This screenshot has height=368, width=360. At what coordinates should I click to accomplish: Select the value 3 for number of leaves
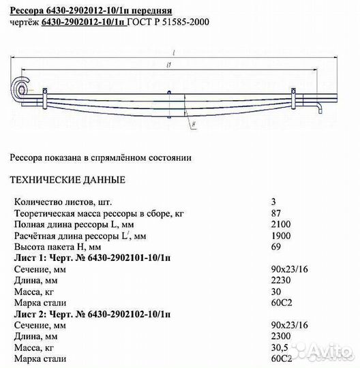tap(273, 202)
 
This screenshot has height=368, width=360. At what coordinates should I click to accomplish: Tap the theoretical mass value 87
tap(275, 214)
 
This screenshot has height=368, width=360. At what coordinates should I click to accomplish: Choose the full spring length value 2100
tap(280, 225)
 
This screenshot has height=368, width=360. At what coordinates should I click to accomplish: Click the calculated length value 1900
tap(280, 236)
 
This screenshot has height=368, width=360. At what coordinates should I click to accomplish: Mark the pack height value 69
tap(275, 247)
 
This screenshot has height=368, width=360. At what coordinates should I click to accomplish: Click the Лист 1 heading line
tap(93, 258)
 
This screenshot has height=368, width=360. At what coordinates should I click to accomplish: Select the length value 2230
tap(280, 281)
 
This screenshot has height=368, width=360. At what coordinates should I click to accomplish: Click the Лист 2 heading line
tap(93, 314)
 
